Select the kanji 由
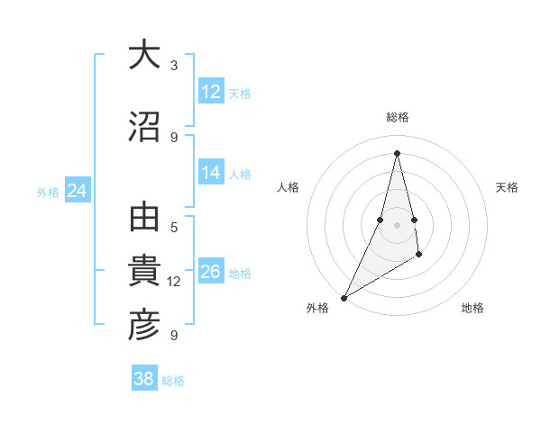(x=144, y=219)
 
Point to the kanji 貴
(x=144, y=272)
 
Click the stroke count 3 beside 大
(x=174, y=66)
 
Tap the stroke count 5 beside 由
(x=174, y=228)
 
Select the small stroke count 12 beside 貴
(x=174, y=282)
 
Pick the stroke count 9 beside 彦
(x=174, y=336)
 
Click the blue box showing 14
(x=211, y=174)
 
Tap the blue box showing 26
(x=211, y=273)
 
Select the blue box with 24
(x=78, y=191)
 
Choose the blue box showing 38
(x=144, y=379)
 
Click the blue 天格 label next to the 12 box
(x=240, y=94)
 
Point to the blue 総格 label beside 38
(x=173, y=381)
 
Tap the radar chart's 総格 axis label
(x=397, y=117)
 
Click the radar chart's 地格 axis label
(x=472, y=308)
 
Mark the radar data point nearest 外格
(x=344, y=297)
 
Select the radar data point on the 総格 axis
(x=397, y=152)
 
